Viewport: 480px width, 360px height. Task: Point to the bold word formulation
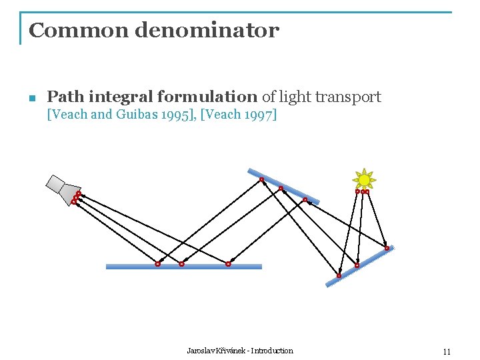(x=215, y=97)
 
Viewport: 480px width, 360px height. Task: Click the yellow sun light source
(x=364, y=179)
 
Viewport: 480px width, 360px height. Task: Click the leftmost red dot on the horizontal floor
(x=157, y=264)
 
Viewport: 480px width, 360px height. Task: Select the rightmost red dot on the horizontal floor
(x=228, y=264)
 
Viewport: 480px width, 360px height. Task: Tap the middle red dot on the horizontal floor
(x=181, y=264)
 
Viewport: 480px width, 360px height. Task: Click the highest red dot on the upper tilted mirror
(x=262, y=179)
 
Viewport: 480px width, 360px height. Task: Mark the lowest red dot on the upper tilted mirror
(x=305, y=199)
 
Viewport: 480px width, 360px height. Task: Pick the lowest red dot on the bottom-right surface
(x=339, y=275)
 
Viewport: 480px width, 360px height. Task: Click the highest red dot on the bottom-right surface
(x=387, y=248)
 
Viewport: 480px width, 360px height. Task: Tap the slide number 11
(x=447, y=351)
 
